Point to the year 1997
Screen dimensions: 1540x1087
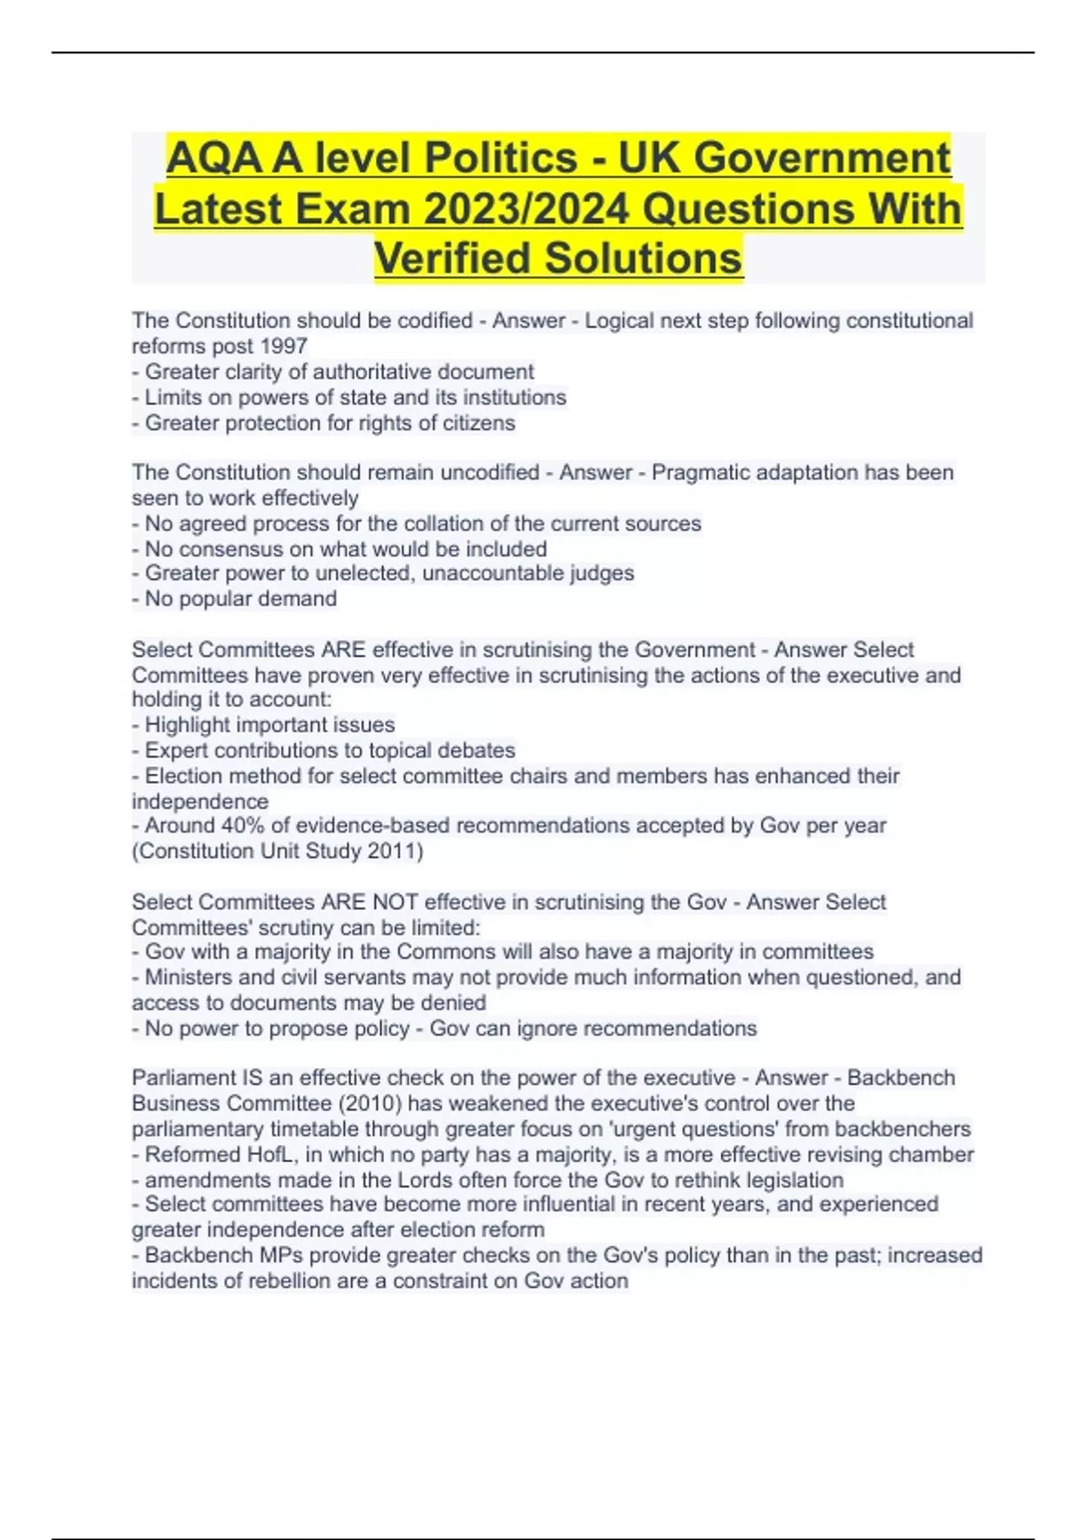pos(284,346)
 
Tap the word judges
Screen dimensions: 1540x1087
pos(601,573)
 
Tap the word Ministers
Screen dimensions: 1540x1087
pos(193,977)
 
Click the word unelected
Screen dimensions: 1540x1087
pos(364,573)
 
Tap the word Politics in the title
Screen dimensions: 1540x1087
pos(501,159)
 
